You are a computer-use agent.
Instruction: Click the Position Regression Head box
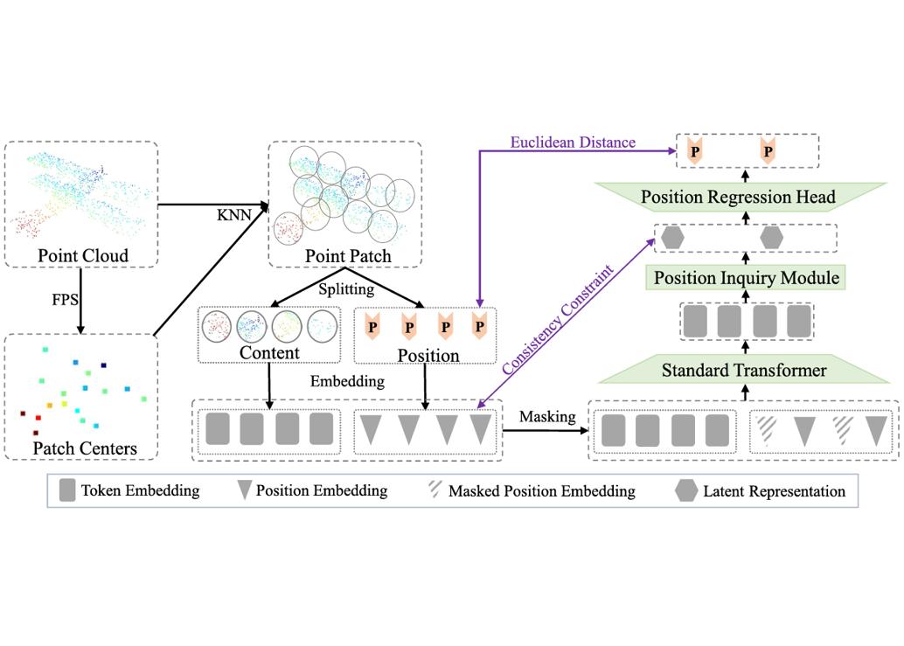tap(738, 197)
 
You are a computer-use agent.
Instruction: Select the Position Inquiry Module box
tap(745, 278)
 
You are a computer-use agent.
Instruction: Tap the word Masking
tap(547, 417)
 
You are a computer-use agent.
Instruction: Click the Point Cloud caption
tap(82, 255)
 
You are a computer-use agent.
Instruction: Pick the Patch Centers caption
tap(84, 448)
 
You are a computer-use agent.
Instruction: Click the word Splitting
tap(346, 288)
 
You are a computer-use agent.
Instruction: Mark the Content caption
tap(269, 353)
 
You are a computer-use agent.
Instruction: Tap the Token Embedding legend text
tap(140, 490)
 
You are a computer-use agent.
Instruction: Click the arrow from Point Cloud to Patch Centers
tap(80, 300)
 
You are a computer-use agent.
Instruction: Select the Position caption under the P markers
tap(428, 355)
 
